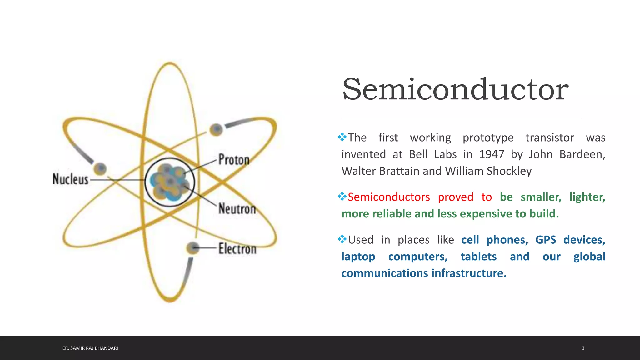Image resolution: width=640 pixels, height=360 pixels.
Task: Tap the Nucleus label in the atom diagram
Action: click(x=71, y=179)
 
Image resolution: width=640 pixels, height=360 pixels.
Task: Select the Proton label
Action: click(x=234, y=160)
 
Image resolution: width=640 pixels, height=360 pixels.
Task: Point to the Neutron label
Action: click(x=237, y=208)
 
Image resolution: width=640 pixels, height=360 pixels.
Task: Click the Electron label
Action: click(x=237, y=249)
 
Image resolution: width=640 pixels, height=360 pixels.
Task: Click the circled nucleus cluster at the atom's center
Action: click(x=170, y=182)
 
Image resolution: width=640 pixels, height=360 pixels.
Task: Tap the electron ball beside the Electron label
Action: click(x=193, y=248)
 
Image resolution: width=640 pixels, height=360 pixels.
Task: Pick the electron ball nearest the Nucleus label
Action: click(x=100, y=169)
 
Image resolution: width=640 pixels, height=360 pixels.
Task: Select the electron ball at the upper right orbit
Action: click(x=216, y=129)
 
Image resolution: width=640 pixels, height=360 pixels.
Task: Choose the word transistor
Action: click(x=549, y=137)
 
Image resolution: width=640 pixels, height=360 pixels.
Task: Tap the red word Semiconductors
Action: click(x=389, y=197)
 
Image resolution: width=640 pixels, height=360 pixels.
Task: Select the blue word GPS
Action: click(x=546, y=240)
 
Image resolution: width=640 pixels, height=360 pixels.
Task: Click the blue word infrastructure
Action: click(x=469, y=273)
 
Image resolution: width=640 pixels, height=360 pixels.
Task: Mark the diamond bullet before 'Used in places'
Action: click(x=342, y=239)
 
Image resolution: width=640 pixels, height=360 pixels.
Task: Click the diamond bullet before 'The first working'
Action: click(x=342, y=137)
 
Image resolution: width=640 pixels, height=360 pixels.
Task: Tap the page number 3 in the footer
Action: click(x=583, y=348)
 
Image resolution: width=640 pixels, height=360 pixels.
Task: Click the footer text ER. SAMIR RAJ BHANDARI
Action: click(x=90, y=348)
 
